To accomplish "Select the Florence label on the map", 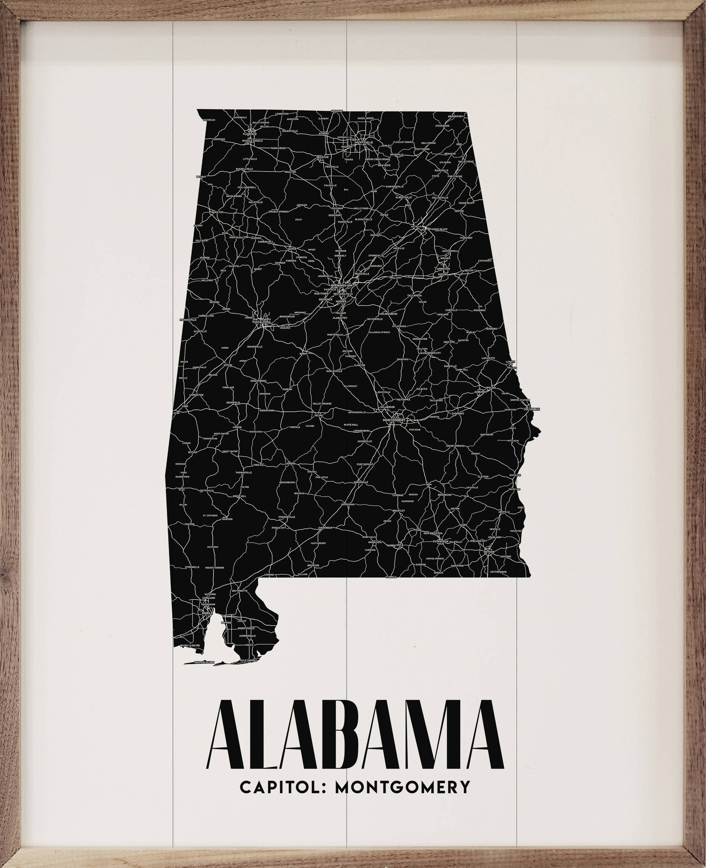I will [x=250, y=133].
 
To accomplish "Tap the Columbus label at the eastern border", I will [x=531, y=409].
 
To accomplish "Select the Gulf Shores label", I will [x=249, y=660].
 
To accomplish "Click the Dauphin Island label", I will [x=204, y=662].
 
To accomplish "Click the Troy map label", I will [x=429, y=485].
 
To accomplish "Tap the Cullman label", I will [x=337, y=208].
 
